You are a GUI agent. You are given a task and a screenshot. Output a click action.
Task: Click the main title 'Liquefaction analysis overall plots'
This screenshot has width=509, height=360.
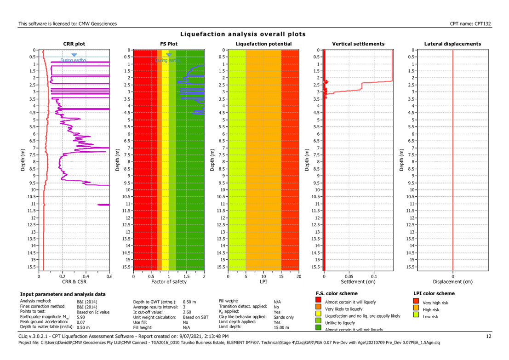(243, 34)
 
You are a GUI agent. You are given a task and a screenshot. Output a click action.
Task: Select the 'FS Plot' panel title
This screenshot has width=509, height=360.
(169, 44)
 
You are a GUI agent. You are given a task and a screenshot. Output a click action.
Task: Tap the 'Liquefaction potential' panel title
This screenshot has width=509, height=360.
(263, 44)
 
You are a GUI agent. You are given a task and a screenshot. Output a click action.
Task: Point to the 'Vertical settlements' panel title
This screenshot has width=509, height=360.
(358, 44)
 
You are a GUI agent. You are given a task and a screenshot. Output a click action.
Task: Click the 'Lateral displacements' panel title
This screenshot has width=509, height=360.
(452, 44)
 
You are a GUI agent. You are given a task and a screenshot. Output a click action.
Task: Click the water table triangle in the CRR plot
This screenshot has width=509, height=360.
(74, 55)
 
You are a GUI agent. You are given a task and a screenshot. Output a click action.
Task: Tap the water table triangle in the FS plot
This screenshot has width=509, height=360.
(169, 55)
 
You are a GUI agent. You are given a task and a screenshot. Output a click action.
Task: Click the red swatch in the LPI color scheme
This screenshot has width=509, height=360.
(417, 302)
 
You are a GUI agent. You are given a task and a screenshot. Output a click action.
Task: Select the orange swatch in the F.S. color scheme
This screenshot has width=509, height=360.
(318, 309)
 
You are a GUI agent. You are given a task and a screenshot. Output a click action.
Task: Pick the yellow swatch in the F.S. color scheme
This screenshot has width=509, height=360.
(318, 315)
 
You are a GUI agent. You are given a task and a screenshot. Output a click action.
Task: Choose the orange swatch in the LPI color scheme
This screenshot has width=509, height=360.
(417, 309)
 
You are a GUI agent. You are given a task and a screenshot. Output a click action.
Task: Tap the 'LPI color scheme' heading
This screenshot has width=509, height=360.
(435, 293)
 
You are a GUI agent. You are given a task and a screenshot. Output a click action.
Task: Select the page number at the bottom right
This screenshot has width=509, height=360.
(489, 337)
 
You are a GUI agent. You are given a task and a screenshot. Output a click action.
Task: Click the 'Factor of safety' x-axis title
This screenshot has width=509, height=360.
(169, 281)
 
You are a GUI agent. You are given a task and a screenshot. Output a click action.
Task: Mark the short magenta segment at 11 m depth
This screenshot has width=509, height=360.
(103, 205)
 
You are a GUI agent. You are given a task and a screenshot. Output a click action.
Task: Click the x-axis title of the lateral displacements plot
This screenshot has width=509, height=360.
(452, 281)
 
